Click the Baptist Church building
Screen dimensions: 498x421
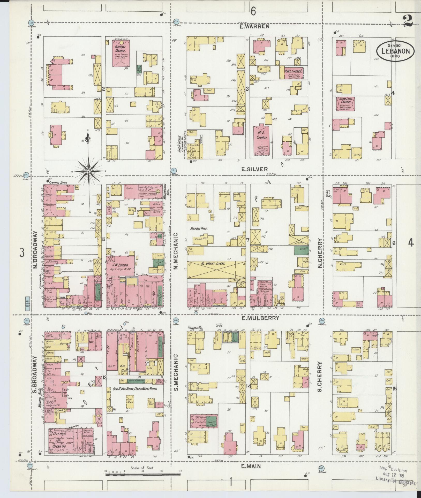pyautogui.click(x=120, y=53)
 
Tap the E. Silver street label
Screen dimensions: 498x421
pyautogui.click(x=254, y=169)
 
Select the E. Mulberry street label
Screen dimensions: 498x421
pyautogui.click(x=260, y=318)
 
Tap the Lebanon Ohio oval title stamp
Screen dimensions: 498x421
pyautogui.click(x=395, y=51)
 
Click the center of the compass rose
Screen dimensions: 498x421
pyautogui.click(x=89, y=171)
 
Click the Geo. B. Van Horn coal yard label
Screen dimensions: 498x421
pyautogui.click(x=135, y=388)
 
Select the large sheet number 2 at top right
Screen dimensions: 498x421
pyautogui.click(x=408, y=21)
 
